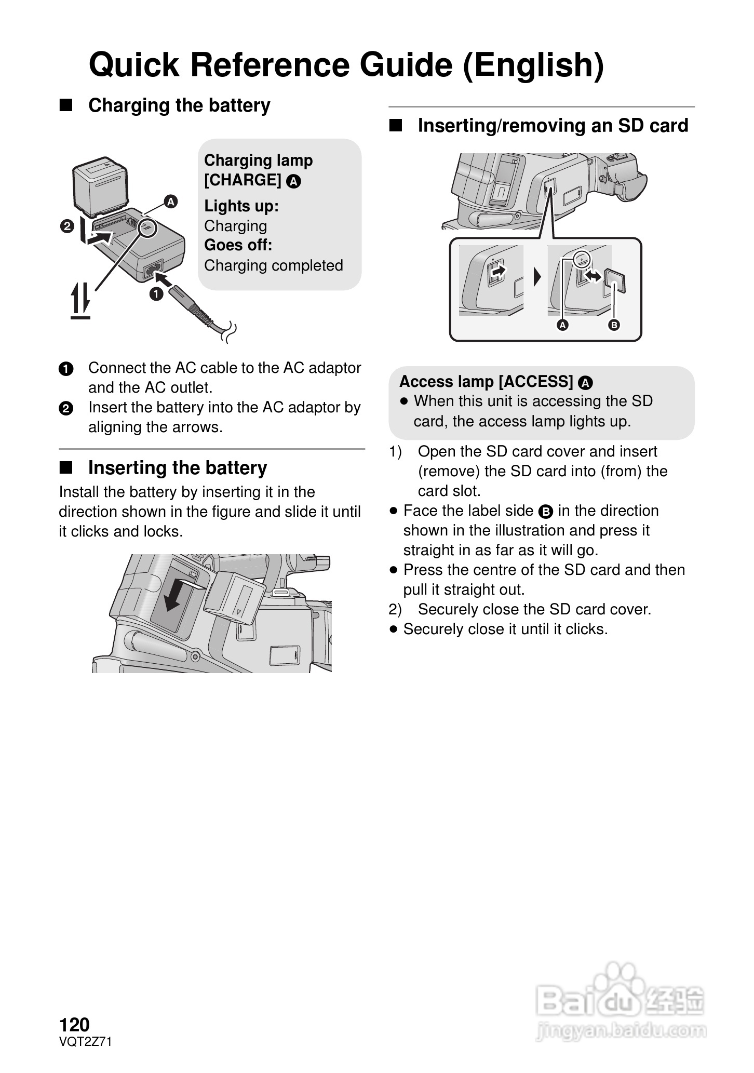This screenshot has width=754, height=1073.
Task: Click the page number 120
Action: pyautogui.click(x=74, y=1025)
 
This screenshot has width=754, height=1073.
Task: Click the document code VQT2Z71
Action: pyautogui.click(x=85, y=1041)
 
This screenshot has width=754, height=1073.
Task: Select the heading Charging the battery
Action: pyautogui.click(x=179, y=105)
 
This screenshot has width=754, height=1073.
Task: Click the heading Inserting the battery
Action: pyautogui.click(x=178, y=467)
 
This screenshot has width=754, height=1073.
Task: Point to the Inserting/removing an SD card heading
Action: pyautogui.click(x=553, y=126)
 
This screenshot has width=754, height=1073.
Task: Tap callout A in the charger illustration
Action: pyautogui.click(x=170, y=202)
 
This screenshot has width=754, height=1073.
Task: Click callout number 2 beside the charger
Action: pyautogui.click(x=67, y=226)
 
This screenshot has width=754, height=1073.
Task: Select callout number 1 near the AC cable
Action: pyautogui.click(x=156, y=294)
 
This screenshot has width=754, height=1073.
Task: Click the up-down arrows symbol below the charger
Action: pyautogui.click(x=80, y=301)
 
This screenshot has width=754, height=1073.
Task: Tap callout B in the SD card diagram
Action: pyautogui.click(x=614, y=325)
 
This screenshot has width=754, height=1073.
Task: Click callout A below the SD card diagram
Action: pyautogui.click(x=562, y=325)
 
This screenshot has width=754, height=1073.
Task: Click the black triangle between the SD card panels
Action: pyautogui.click(x=537, y=277)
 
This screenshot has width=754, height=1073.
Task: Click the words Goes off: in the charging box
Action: pyautogui.click(x=238, y=245)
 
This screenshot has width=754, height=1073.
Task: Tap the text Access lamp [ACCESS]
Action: pyautogui.click(x=486, y=382)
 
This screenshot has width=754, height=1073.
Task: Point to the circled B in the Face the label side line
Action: pyautogui.click(x=545, y=512)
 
